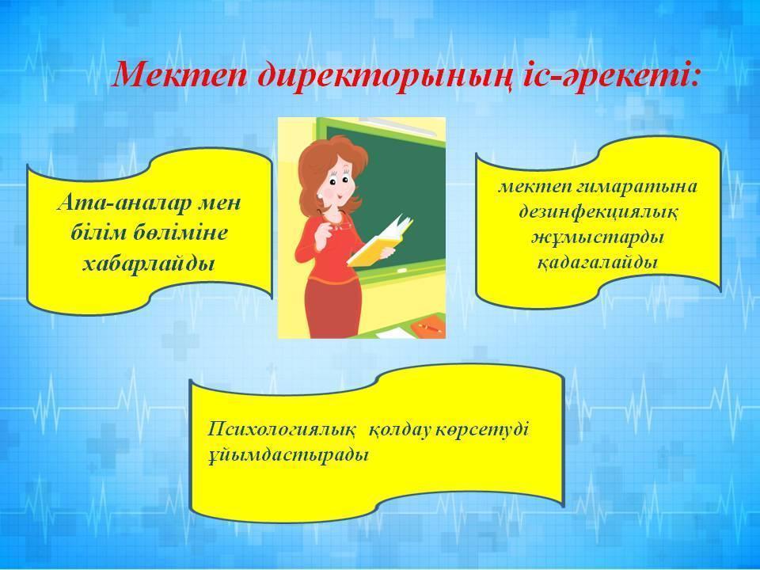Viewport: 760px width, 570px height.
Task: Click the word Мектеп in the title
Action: click(180, 74)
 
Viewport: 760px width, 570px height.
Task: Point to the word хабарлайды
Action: click(148, 264)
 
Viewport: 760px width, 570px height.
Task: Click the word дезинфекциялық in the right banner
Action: click(598, 213)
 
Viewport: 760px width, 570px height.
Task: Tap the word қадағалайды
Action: click(598, 263)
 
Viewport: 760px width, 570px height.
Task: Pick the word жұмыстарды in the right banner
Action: click(598, 238)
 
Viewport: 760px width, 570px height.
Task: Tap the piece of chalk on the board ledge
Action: click(402, 268)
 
